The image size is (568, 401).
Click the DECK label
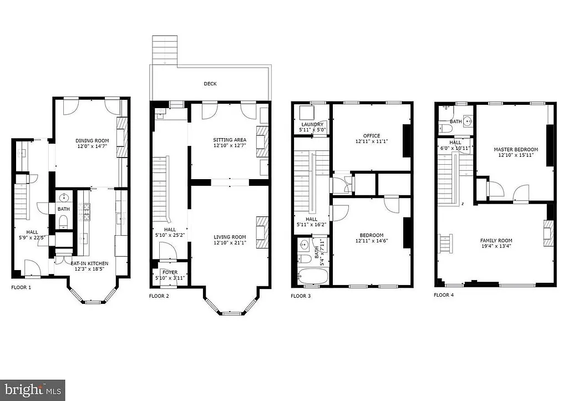coord(210,84)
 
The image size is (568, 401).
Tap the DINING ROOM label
coord(92,141)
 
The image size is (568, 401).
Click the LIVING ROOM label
coord(230,237)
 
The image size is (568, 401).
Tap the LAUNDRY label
coord(312,125)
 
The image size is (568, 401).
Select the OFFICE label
coord(371,135)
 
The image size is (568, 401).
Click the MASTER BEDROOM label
coord(516,150)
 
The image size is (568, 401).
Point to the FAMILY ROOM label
coord(496,241)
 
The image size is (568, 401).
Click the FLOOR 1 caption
coord(21,288)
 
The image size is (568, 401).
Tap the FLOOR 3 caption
coord(301,296)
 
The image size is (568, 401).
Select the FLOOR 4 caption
coord(444,295)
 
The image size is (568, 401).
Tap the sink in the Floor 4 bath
coord(467,120)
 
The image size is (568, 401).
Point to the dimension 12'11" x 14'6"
coord(371,241)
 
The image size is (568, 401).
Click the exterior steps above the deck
coord(165,50)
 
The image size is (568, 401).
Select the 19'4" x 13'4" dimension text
coord(496,246)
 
